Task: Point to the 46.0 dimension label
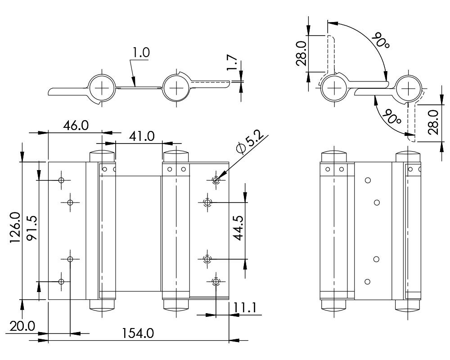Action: (75, 125)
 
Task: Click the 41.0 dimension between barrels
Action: (140, 135)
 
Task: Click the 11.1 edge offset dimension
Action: (245, 308)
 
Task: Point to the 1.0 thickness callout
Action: (140, 53)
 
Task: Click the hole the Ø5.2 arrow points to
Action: (216, 180)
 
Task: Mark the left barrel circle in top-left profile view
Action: (102, 87)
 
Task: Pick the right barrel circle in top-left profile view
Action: (177, 87)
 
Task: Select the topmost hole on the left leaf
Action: (62, 180)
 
